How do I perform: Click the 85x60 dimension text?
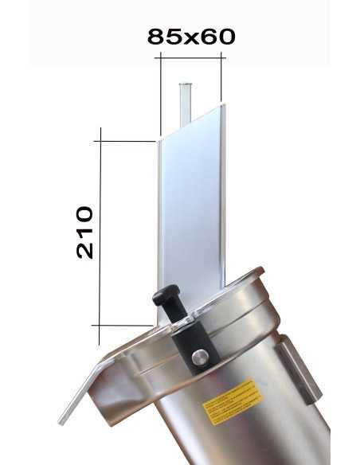pyautogui.click(x=191, y=36)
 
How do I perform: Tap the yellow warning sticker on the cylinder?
pyautogui.click(x=231, y=401)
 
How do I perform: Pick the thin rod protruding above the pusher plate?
pyautogui.click(x=185, y=104)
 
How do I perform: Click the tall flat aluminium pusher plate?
pyautogui.click(x=191, y=207)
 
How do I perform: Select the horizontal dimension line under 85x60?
pyautogui.click(x=191, y=57)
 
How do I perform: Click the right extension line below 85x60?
pyautogui.click(x=221, y=80)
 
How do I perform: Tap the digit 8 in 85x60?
pyautogui.click(x=156, y=36)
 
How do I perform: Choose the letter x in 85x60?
pyautogui.click(x=192, y=37)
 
